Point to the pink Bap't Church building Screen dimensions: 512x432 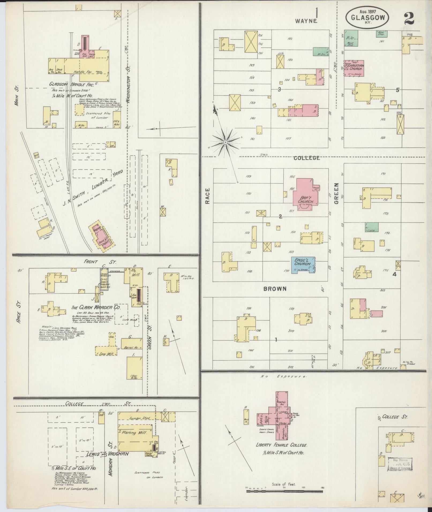(305, 195)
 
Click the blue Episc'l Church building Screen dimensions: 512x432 (303, 264)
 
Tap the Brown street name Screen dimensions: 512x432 (275, 289)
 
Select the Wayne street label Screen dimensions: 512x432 (306, 21)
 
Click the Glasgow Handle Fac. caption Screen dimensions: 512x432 (71, 85)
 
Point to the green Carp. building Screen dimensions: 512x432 (372, 227)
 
